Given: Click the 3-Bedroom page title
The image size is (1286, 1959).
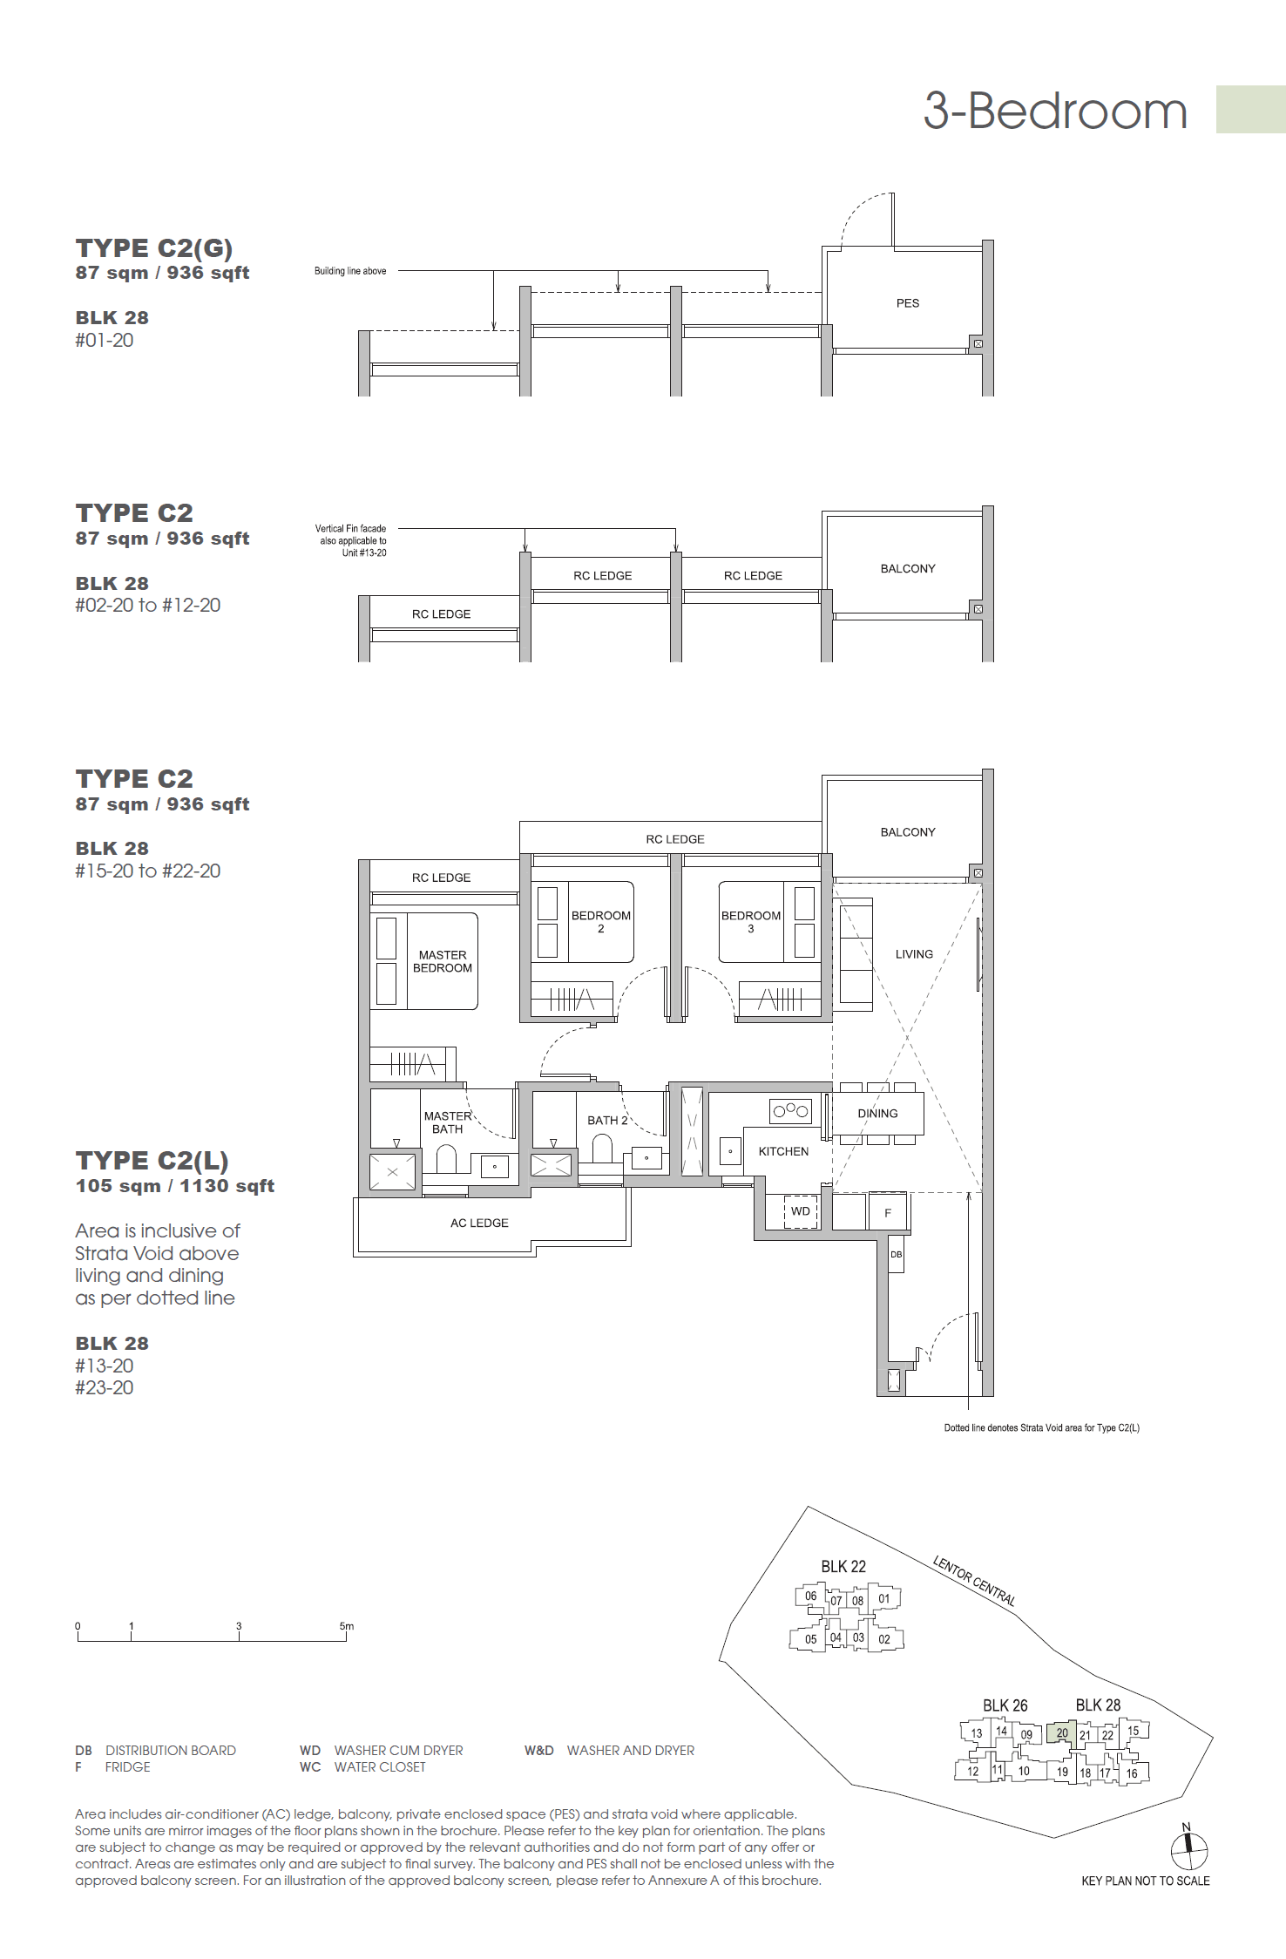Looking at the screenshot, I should click(1055, 112).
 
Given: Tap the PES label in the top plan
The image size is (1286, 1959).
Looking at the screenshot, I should click(907, 303).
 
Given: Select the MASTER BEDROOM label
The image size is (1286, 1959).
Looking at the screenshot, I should click(443, 961).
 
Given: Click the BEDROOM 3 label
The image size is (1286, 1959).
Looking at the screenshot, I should click(750, 921).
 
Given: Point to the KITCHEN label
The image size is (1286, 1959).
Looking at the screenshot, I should click(782, 1151).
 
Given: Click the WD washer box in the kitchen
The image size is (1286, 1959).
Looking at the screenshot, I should click(801, 1211).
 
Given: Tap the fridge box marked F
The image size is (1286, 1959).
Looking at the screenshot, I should click(888, 1212).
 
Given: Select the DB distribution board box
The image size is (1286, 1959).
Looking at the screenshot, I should click(896, 1255).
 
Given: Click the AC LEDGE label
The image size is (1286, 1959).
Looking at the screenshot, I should click(479, 1223).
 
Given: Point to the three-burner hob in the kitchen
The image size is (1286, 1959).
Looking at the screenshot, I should click(790, 1110).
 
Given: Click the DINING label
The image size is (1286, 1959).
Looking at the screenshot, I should click(877, 1113).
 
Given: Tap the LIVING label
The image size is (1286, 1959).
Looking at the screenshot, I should click(914, 954).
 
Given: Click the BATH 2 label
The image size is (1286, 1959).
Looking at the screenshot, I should click(607, 1120).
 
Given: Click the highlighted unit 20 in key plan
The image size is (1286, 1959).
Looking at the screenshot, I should click(1061, 1732).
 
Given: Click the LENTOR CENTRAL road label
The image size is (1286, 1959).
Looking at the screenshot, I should click(974, 1580).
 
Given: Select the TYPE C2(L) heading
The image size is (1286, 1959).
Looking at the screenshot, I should click(152, 1160).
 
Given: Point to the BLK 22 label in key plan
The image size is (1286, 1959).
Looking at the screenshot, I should click(843, 1566).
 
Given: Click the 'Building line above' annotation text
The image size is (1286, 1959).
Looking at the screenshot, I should click(350, 271).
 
